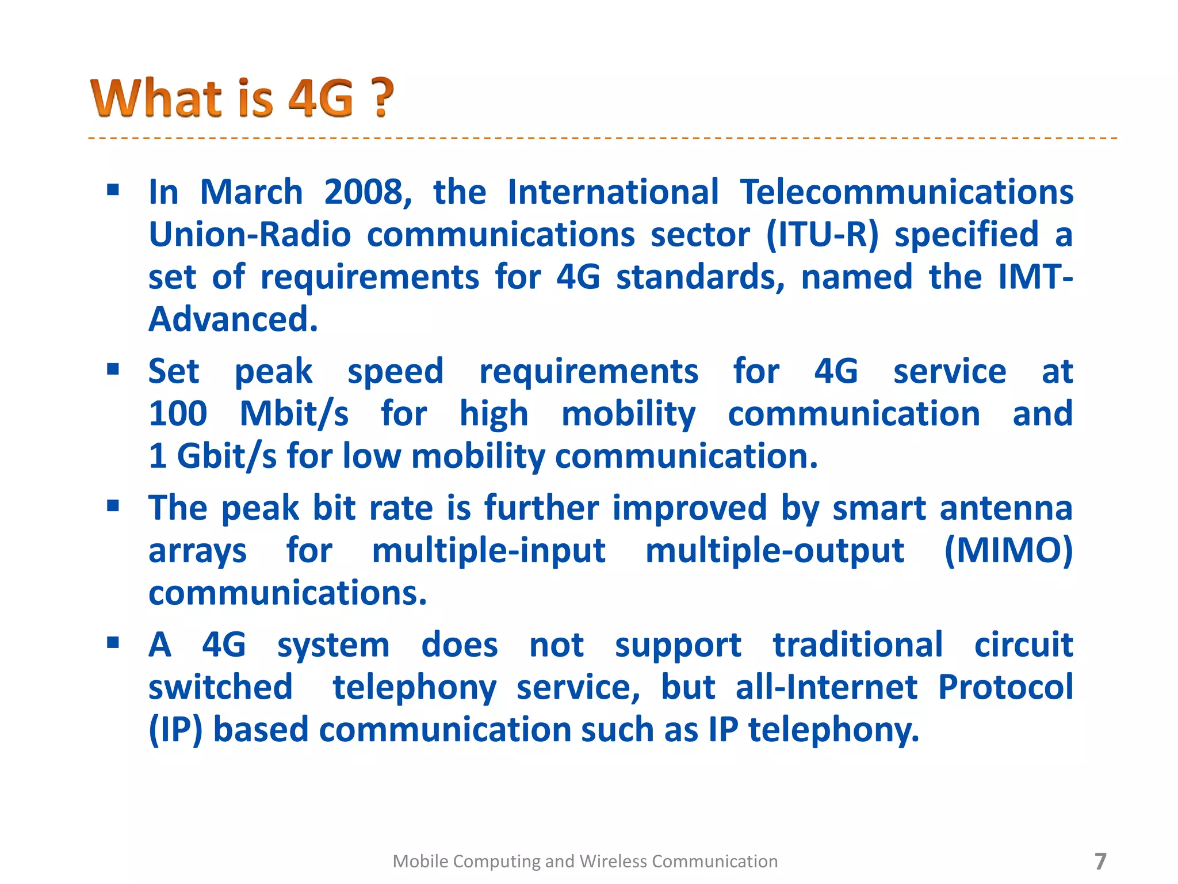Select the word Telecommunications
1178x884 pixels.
click(906, 192)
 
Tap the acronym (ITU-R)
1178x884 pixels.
click(823, 235)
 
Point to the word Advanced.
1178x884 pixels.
click(233, 319)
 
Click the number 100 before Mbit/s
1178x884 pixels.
click(178, 414)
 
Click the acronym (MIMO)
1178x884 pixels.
click(1008, 550)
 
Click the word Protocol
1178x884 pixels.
click(1005, 687)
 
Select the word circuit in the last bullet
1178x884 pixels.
click(1023, 645)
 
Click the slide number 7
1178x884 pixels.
click(1100, 862)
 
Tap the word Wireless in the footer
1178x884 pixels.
click(613, 862)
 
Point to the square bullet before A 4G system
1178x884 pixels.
click(113, 642)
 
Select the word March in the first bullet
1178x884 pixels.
click(251, 192)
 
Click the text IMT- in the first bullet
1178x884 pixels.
click(1035, 277)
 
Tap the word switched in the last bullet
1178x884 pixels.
click(220, 687)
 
